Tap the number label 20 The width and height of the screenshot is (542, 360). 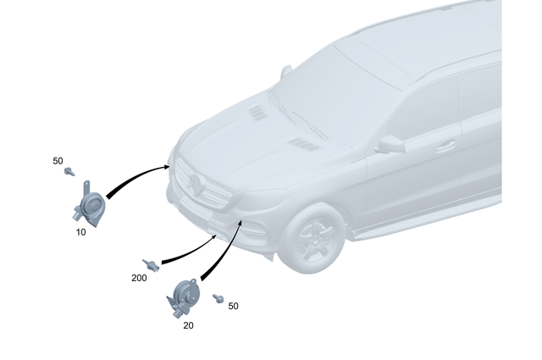coord(188,324)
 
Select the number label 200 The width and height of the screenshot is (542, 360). coord(140,277)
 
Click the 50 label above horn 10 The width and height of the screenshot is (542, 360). coord(58,160)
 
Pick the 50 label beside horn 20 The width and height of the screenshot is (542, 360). coord(233,305)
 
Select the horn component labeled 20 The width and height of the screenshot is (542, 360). coord(182,299)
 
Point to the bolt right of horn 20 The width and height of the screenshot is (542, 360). coord(218,298)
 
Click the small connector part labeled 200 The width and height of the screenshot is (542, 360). coord(151,265)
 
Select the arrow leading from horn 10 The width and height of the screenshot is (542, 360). coord(135,178)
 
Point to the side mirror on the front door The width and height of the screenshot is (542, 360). coord(390,144)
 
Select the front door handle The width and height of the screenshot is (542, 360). coord(445,146)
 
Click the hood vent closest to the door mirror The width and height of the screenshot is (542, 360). coord(304,144)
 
